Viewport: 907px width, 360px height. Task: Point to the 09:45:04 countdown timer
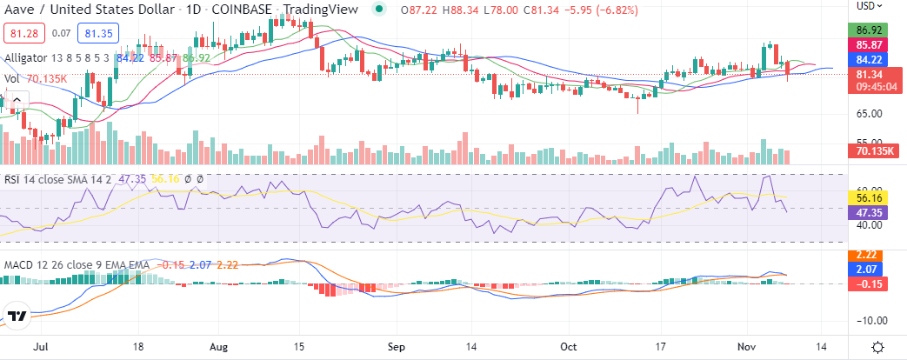coord(870,87)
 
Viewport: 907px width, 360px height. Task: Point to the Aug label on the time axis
coord(220,345)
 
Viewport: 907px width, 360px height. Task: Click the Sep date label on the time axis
coord(397,345)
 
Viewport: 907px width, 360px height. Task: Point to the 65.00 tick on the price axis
coord(870,114)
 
